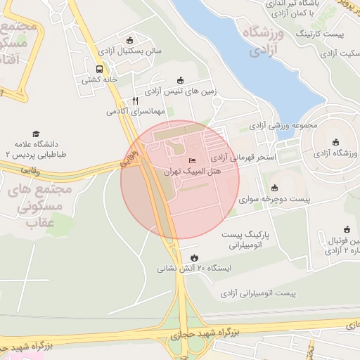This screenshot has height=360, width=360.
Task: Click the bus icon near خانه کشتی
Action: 98,70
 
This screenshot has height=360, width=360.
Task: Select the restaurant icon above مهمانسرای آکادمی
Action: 136,101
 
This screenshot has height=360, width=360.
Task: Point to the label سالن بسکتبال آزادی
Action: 130,51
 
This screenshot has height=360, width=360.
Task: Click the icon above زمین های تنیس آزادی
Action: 180,80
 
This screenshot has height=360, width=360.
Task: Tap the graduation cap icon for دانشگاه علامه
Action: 36,134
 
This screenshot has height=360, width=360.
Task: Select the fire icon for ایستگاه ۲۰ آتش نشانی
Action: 194,257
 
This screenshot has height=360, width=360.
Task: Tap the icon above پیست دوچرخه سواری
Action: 274,188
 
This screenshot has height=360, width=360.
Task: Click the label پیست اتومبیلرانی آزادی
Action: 258,292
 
